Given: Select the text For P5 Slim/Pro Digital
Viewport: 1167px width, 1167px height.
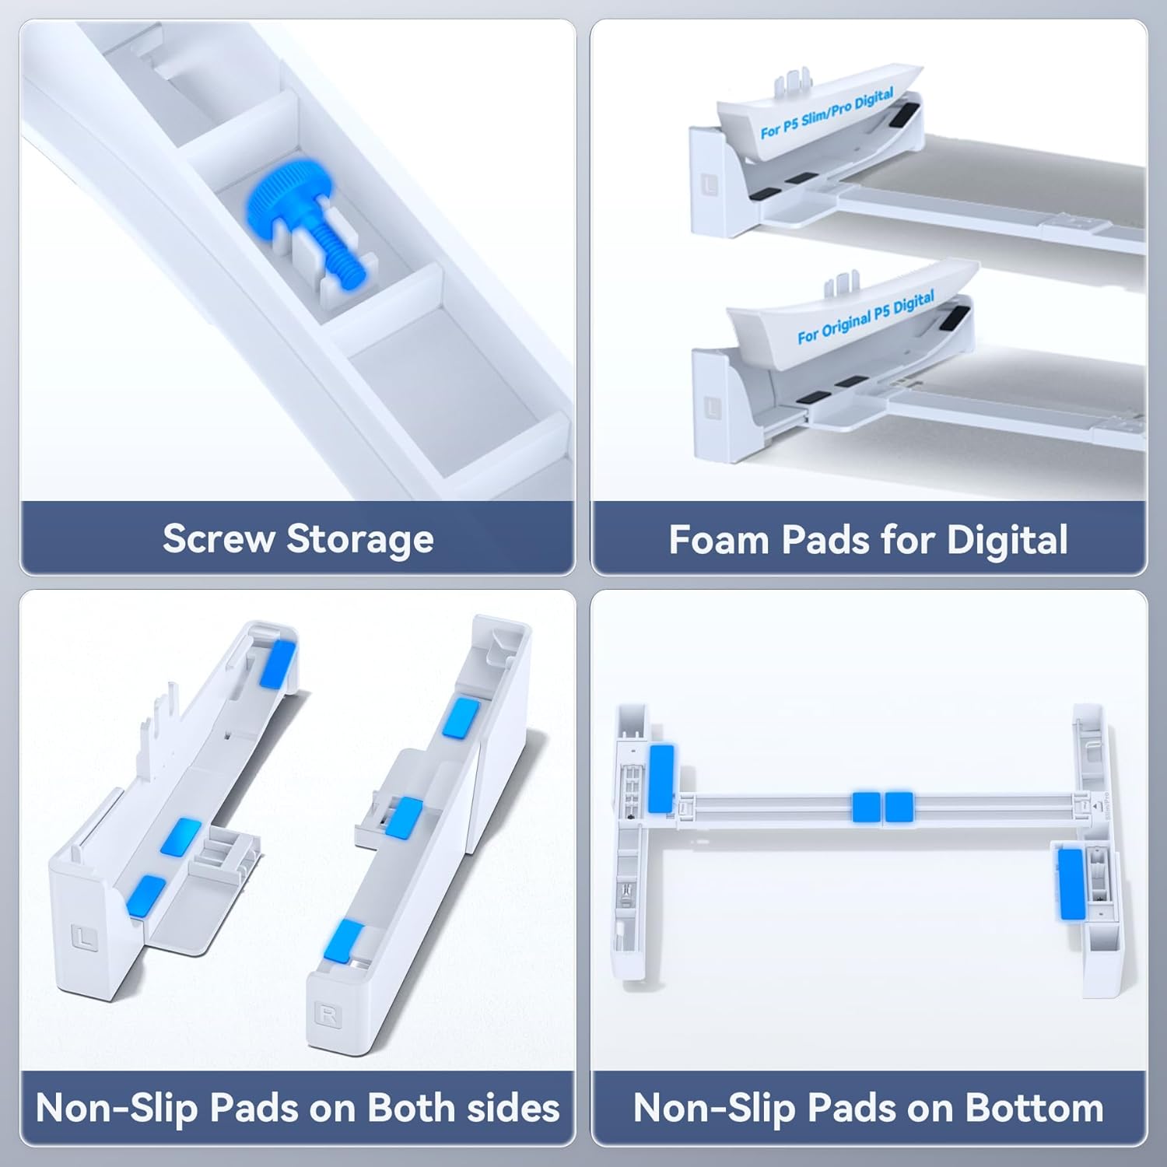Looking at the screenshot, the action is [x=826, y=114].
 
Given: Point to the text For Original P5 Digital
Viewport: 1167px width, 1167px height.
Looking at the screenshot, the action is [x=865, y=317].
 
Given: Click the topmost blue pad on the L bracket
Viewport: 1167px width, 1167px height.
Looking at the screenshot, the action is [x=278, y=662].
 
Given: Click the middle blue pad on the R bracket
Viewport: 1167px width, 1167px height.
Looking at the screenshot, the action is [x=404, y=818].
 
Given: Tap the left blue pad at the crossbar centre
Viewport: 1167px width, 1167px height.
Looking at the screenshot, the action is [x=866, y=807].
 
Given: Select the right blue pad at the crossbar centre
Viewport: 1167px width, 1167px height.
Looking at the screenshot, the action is [x=899, y=807].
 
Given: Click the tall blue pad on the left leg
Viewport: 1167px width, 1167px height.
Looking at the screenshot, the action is [x=662, y=779].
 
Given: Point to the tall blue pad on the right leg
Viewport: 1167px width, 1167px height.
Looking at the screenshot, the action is [x=1071, y=884].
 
